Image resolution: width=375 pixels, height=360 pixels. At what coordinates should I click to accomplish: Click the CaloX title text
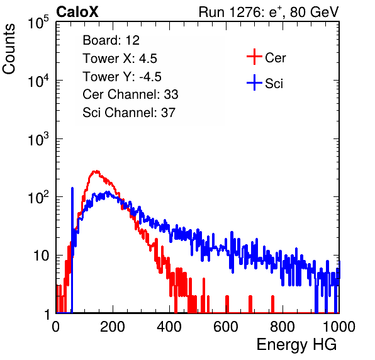pyautogui.click(x=77, y=12)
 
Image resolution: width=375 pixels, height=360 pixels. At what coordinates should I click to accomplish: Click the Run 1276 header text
pyautogui.click(x=269, y=12)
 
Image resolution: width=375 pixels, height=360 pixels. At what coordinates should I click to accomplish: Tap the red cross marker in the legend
pyautogui.click(x=254, y=57)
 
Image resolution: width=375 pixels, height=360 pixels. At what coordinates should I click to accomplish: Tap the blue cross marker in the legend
pyautogui.click(x=254, y=82)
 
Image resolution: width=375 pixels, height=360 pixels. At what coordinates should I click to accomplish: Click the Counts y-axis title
pyautogui.click(x=9, y=49)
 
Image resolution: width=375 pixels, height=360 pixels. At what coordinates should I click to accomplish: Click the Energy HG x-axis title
pyautogui.click(x=296, y=344)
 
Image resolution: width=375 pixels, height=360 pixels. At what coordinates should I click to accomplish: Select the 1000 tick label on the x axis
pyautogui.click(x=339, y=327)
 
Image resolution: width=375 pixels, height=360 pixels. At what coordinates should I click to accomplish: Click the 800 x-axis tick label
pyautogui.click(x=283, y=327)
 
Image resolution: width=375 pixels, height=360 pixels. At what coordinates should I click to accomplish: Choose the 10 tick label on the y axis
pyautogui.click(x=42, y=256)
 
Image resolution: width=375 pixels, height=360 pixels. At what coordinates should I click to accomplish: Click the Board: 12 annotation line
pyautogui.click(x=111, y=40)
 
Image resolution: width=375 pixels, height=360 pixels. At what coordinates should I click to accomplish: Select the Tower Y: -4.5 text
pyautogui.click(x=122, y=77)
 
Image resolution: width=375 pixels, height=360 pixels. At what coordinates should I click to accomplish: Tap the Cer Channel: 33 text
pyautogui.click(x=130, y=94)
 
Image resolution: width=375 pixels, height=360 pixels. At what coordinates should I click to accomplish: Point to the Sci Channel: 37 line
pyautogui.click(x=129, y=113)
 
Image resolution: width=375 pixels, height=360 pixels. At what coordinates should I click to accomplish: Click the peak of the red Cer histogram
pyautogui.click(x=96, y=171)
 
